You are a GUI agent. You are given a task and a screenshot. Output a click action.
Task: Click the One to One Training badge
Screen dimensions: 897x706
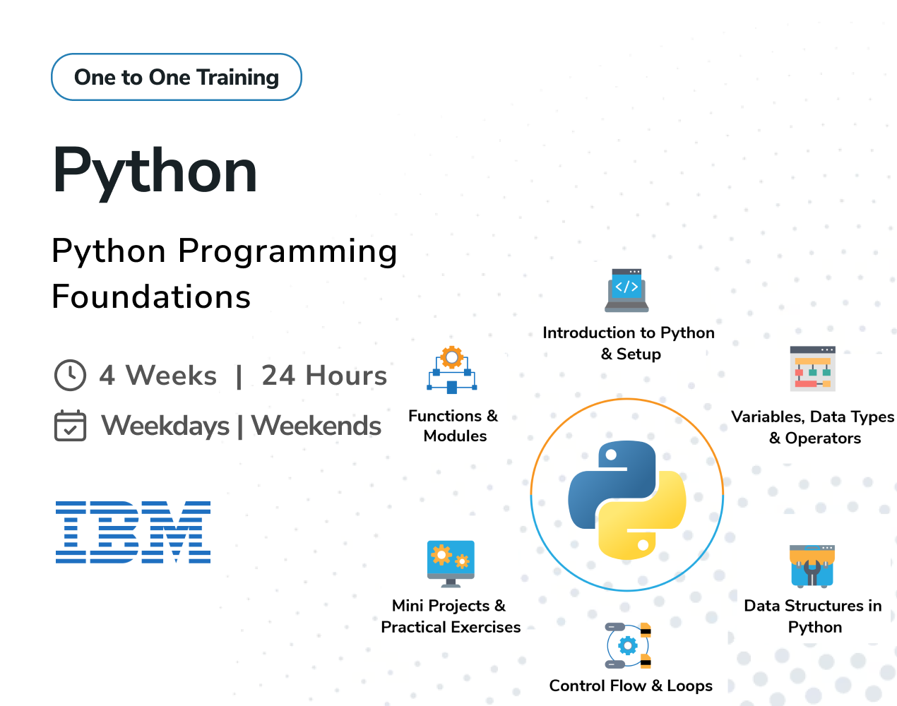point(177,77)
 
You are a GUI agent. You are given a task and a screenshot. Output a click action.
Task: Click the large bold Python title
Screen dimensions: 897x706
point(155,172)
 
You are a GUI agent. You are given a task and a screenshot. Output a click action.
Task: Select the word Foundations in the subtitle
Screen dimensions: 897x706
point(151,297)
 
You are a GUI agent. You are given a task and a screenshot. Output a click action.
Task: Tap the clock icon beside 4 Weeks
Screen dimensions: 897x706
point(70,375)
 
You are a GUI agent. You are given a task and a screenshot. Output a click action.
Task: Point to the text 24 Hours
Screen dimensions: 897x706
point(324,375)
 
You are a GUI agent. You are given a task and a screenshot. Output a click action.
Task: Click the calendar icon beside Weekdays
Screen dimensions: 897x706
point(70,426)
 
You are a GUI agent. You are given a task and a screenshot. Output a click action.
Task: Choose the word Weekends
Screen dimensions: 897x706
point(316,426)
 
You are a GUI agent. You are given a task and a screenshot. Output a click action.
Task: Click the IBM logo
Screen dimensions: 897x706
point(133,532)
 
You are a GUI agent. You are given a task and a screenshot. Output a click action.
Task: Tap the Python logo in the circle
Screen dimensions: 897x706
point(627,500)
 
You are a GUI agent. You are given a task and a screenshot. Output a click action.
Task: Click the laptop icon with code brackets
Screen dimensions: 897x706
point(626,290)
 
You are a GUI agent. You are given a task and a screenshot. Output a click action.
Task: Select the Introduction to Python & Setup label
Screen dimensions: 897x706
point(629,343)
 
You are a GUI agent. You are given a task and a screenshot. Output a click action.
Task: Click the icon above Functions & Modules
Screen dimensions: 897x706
point(452,370)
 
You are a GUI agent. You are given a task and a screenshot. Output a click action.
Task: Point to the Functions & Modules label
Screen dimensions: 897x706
point(453,426)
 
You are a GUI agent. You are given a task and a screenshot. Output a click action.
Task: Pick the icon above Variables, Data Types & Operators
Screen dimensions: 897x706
point(812,369)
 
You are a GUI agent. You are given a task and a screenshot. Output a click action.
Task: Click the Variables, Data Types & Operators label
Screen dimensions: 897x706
point(813,427)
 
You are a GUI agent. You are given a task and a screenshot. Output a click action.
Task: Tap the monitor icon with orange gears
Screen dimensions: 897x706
point(451,564)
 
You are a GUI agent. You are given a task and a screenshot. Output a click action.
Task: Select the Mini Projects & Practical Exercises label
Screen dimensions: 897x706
point(451,616)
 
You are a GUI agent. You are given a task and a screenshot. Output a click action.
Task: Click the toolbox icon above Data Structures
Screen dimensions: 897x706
point(812,566)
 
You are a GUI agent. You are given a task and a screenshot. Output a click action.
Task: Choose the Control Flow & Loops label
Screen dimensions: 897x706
point(631,686)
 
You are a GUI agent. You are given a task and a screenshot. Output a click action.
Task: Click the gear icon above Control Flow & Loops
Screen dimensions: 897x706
point(628,645)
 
